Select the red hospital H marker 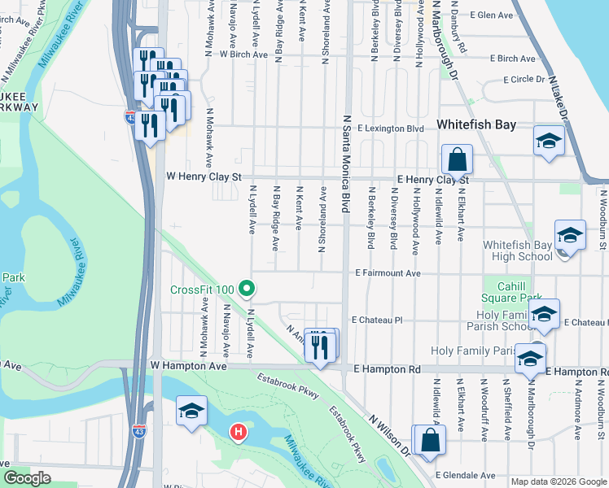(x=238, y=430)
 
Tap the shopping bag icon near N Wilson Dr (x=429, y=439)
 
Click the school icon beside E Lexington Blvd (x=549, y=141)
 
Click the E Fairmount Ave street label (x=388, y=274)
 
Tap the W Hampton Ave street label (x=189, y=367)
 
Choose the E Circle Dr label (x=524, y=80)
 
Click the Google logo (x=28, y=478)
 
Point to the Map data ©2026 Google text (x=558, y=481)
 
